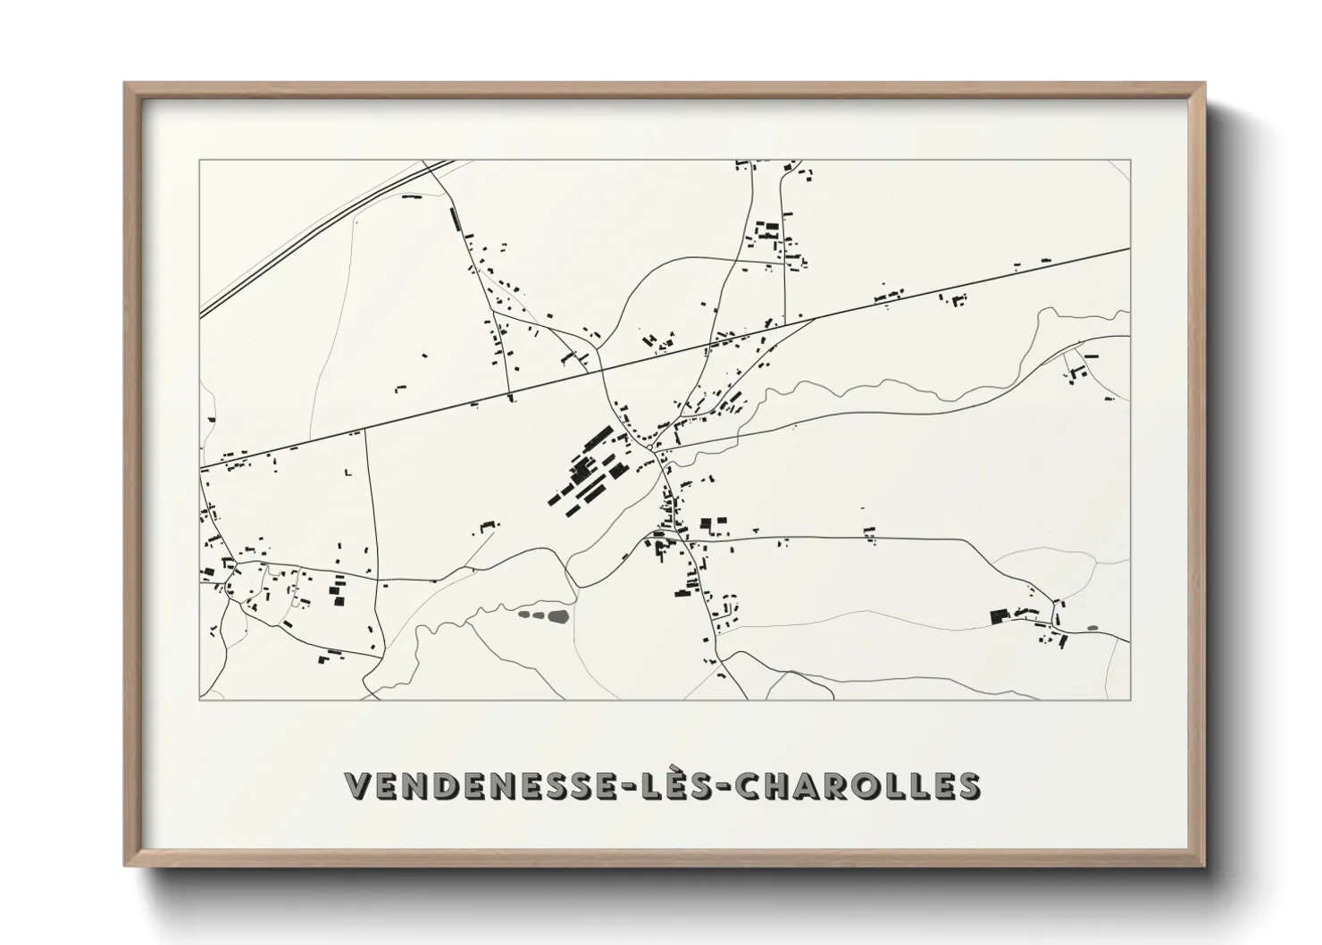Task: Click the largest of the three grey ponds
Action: (x=558, y=615)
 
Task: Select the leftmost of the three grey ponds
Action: (x=523, y=614)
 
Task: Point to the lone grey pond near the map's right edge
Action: (x=1092, y=628)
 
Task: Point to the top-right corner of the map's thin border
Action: (x=1131, y=160)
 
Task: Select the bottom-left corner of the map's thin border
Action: (x=199, y=700)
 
